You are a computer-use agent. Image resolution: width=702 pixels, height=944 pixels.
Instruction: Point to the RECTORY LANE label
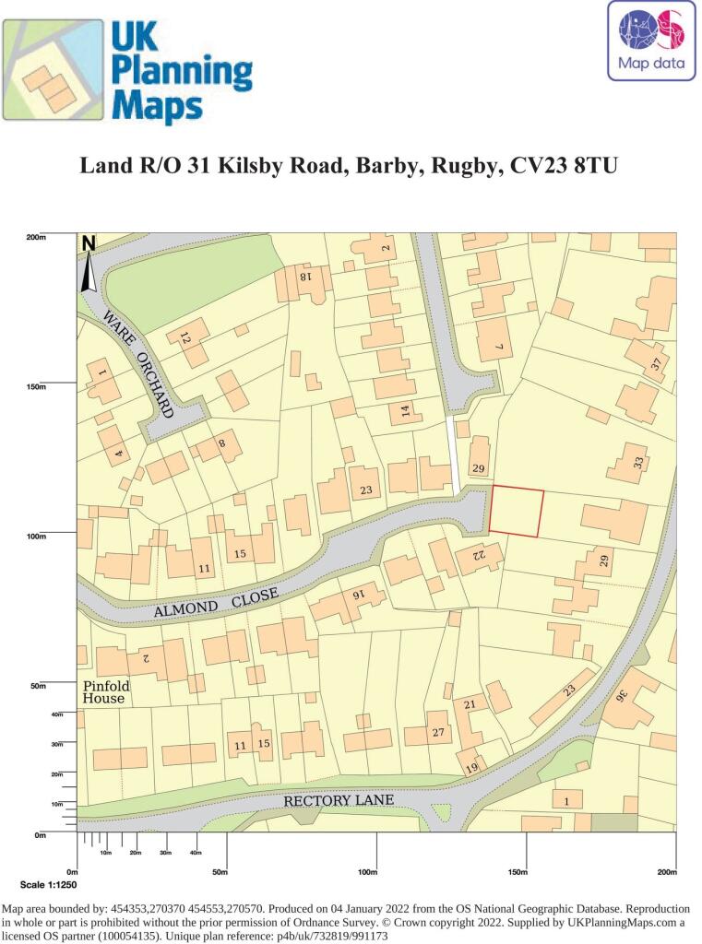339,800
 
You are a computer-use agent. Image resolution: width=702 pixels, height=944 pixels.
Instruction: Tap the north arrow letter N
89,244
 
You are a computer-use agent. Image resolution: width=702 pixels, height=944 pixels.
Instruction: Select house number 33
637,464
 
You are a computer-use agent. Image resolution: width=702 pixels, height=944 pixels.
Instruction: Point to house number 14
404,411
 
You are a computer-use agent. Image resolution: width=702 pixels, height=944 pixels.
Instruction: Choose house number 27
438,733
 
